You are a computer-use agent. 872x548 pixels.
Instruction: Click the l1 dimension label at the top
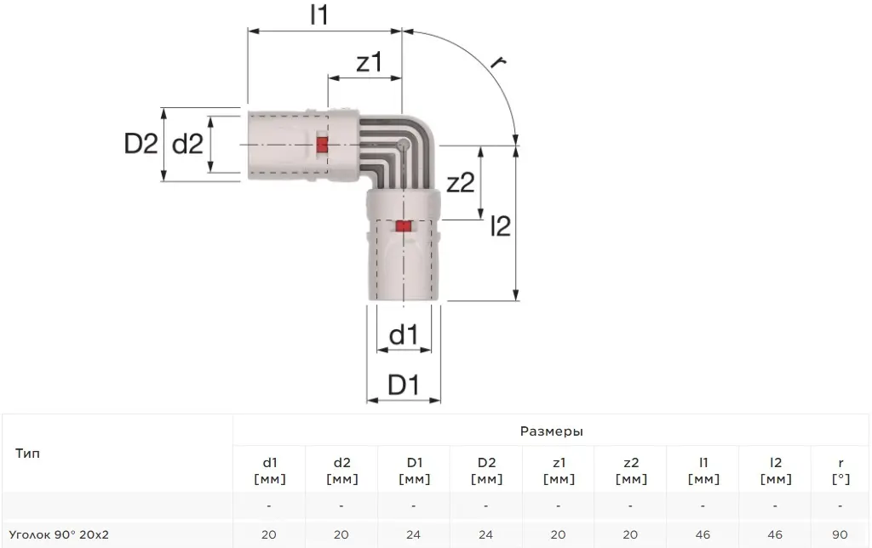(319, 15)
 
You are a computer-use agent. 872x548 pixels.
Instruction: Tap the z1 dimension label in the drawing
(370, 62)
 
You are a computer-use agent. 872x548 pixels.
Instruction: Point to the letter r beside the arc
(497, 60)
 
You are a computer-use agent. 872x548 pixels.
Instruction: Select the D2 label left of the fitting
(141, 144)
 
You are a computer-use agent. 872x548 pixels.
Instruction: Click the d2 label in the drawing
(188, 144)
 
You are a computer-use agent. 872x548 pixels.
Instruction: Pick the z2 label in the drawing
(461, 182)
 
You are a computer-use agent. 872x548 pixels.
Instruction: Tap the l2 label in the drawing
(501, 226)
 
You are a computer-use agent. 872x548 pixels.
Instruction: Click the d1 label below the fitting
(403, 335)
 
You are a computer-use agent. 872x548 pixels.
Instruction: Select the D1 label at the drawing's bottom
(403, 385)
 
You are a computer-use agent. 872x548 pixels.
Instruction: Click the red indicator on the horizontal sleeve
(322, 145)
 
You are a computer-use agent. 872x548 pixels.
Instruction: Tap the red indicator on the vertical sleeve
(403, 226)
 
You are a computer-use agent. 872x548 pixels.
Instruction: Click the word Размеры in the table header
(551, 431)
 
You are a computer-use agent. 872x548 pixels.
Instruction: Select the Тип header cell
(28, 454)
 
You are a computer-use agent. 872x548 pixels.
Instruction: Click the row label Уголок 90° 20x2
(59, 534)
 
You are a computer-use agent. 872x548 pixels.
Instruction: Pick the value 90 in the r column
(840, 534)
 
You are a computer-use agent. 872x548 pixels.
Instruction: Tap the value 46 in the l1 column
(703, 534)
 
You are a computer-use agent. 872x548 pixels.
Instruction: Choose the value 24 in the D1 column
(413, 534)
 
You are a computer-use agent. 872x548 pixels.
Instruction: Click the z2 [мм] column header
(631, 471)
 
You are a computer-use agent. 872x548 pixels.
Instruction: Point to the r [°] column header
(840, 471)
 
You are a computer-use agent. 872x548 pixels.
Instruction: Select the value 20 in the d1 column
(268, 534)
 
